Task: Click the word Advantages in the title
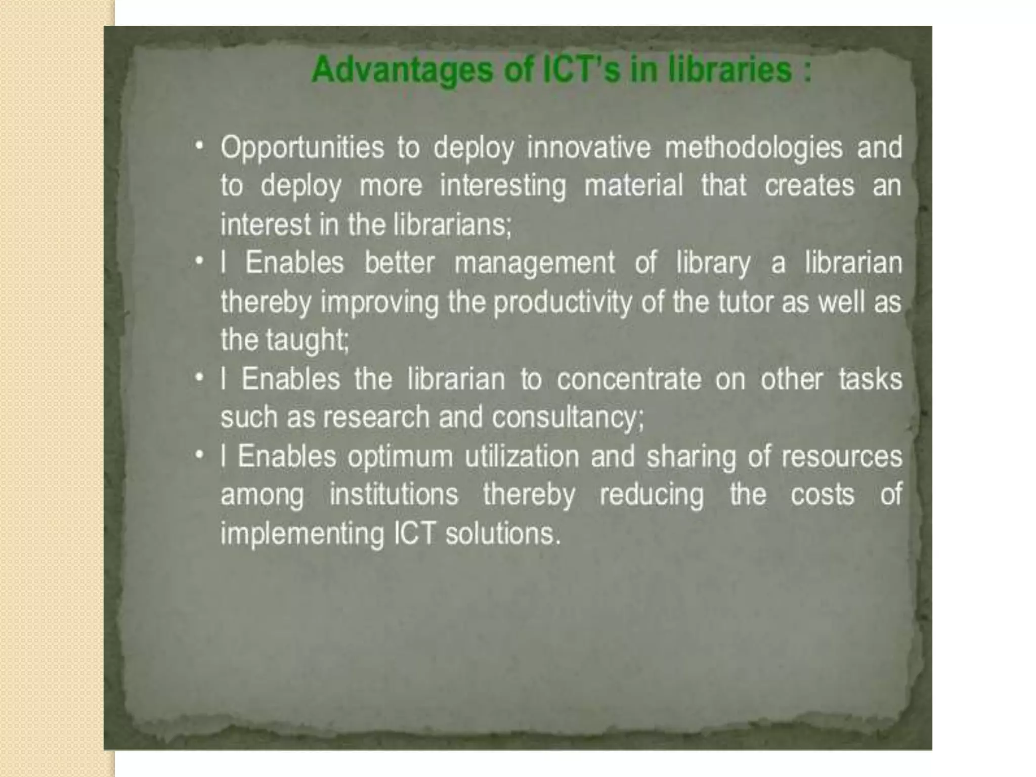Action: pos(402,70)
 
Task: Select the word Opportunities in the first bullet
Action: pos(302,148)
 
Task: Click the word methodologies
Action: pos(753,148)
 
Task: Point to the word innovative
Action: pos(588,148)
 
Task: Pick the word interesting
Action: pos(503,186)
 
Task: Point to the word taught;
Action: pos(308,340)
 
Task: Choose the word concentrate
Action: pos(629,379)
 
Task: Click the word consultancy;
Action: pos(568,418)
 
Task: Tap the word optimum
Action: pos(400,457)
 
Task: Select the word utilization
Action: pos(522,457)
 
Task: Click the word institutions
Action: pos(394,494)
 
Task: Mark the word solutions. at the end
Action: pos(503,534)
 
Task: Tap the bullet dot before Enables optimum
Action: pos(200,455)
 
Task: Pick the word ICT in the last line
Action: pos(414,534)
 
